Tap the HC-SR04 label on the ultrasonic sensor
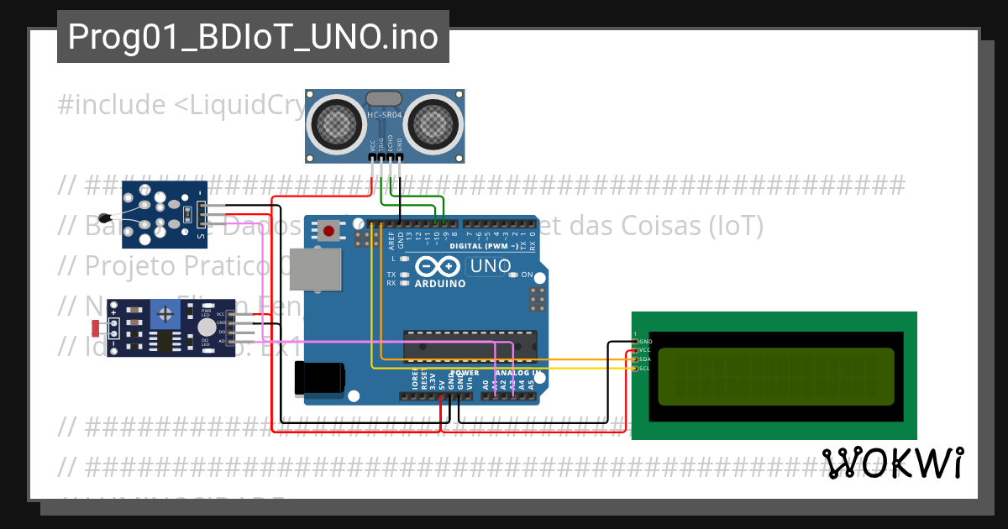(x=386, y=114)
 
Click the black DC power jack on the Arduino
(x=320, y=377)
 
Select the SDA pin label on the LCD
(x=645, y=359)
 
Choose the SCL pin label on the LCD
(x=645, y=369)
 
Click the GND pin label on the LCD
(x=645, y=342)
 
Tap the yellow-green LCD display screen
(x=774, y=377)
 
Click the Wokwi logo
(x=893, y=463)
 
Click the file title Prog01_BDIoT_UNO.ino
(x=253, y=37)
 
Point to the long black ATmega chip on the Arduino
(x=470, y=344)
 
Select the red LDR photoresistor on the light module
(x=95, y=325)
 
